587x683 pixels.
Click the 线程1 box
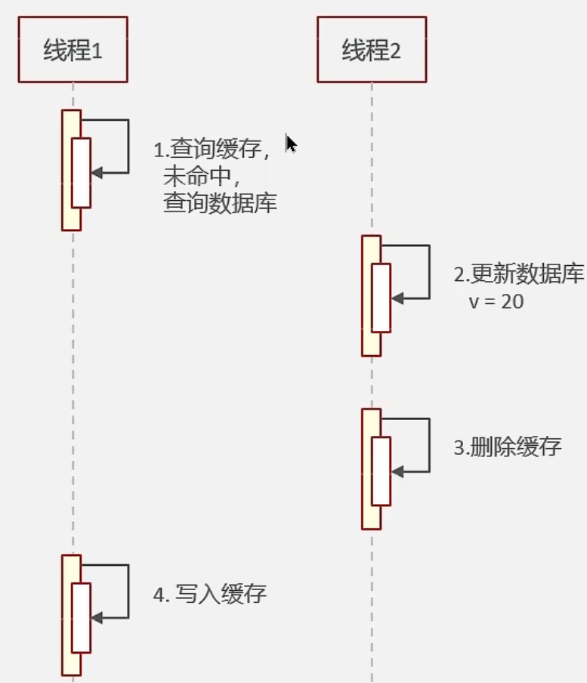(73, 50)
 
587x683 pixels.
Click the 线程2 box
(372, 50)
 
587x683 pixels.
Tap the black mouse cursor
(291, 144)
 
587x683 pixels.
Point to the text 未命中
(200, 176)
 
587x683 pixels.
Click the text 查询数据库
(220, 202)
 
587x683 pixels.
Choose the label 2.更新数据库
(519, 274)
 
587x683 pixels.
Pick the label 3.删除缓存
(508, 447)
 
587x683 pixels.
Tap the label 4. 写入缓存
(210, 594)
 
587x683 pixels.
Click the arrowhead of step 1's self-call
(95, 173)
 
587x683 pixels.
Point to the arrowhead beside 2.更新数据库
(396, 298)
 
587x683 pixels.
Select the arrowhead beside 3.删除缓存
(396, 471)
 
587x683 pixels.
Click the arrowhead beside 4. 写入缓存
(95, 618)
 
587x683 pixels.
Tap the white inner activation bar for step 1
(81, 172)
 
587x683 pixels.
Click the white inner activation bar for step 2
(381, 298)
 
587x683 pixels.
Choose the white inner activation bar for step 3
(381, 471)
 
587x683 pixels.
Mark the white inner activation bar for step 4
(81, 617)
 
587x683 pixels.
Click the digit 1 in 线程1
(96, 51)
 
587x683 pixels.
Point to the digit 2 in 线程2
(395, 51)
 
